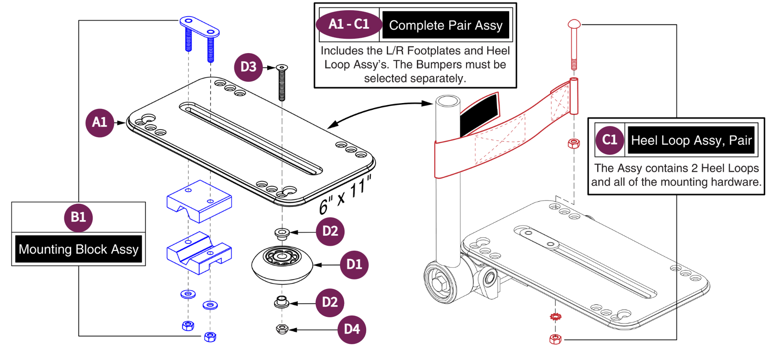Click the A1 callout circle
click(x=99, y=122)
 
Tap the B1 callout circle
click(x=78, y=217)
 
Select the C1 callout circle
click(x=609, y=140)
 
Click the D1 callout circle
click(x=354, y=265)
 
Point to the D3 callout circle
click(x=248, y=67)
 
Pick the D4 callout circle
click(x=352, y=329)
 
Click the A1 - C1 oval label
click(x=349, y=24)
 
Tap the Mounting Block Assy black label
click(x=79, y=249)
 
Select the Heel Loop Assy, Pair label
click(x=691, y=140)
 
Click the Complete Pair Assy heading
click(x=445, y=25)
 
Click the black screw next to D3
click(x=282, y=83)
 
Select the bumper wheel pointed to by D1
click(x=282, y=265)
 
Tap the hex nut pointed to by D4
click(x=282, y=329)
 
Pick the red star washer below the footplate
click(x=555, y=317)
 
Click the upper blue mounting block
click(x=199, y=201)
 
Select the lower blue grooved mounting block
click(x=199, y=253)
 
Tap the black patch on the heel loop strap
click(x=479, y=114)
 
